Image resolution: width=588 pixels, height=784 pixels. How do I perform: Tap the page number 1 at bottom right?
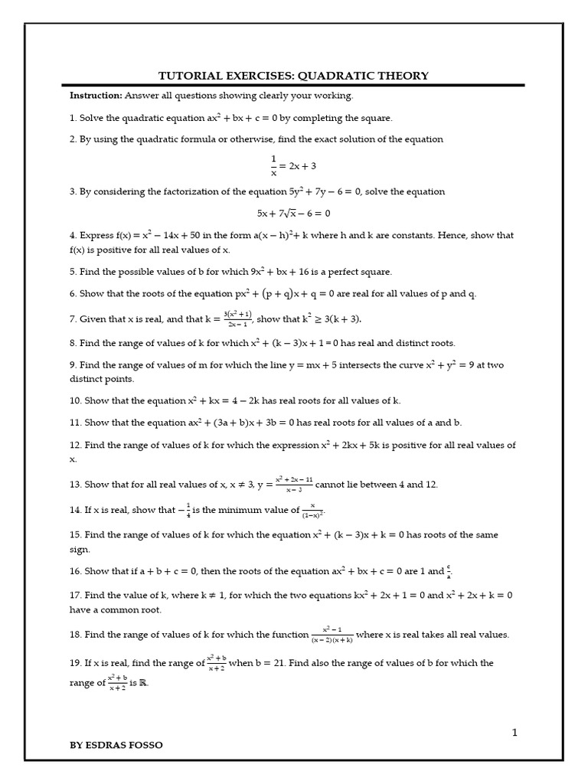click(x=515, y=733)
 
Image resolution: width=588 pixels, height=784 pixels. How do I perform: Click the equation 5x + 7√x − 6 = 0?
click(x=294, y=214)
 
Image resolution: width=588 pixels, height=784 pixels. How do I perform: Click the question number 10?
click(x=75, y=400)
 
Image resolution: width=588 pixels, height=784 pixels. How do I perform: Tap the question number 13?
click(x=75, y=484)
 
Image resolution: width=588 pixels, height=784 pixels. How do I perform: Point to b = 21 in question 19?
click(x=260, y=663)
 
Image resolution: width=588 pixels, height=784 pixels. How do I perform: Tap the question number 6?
click(x=73, y=294)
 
